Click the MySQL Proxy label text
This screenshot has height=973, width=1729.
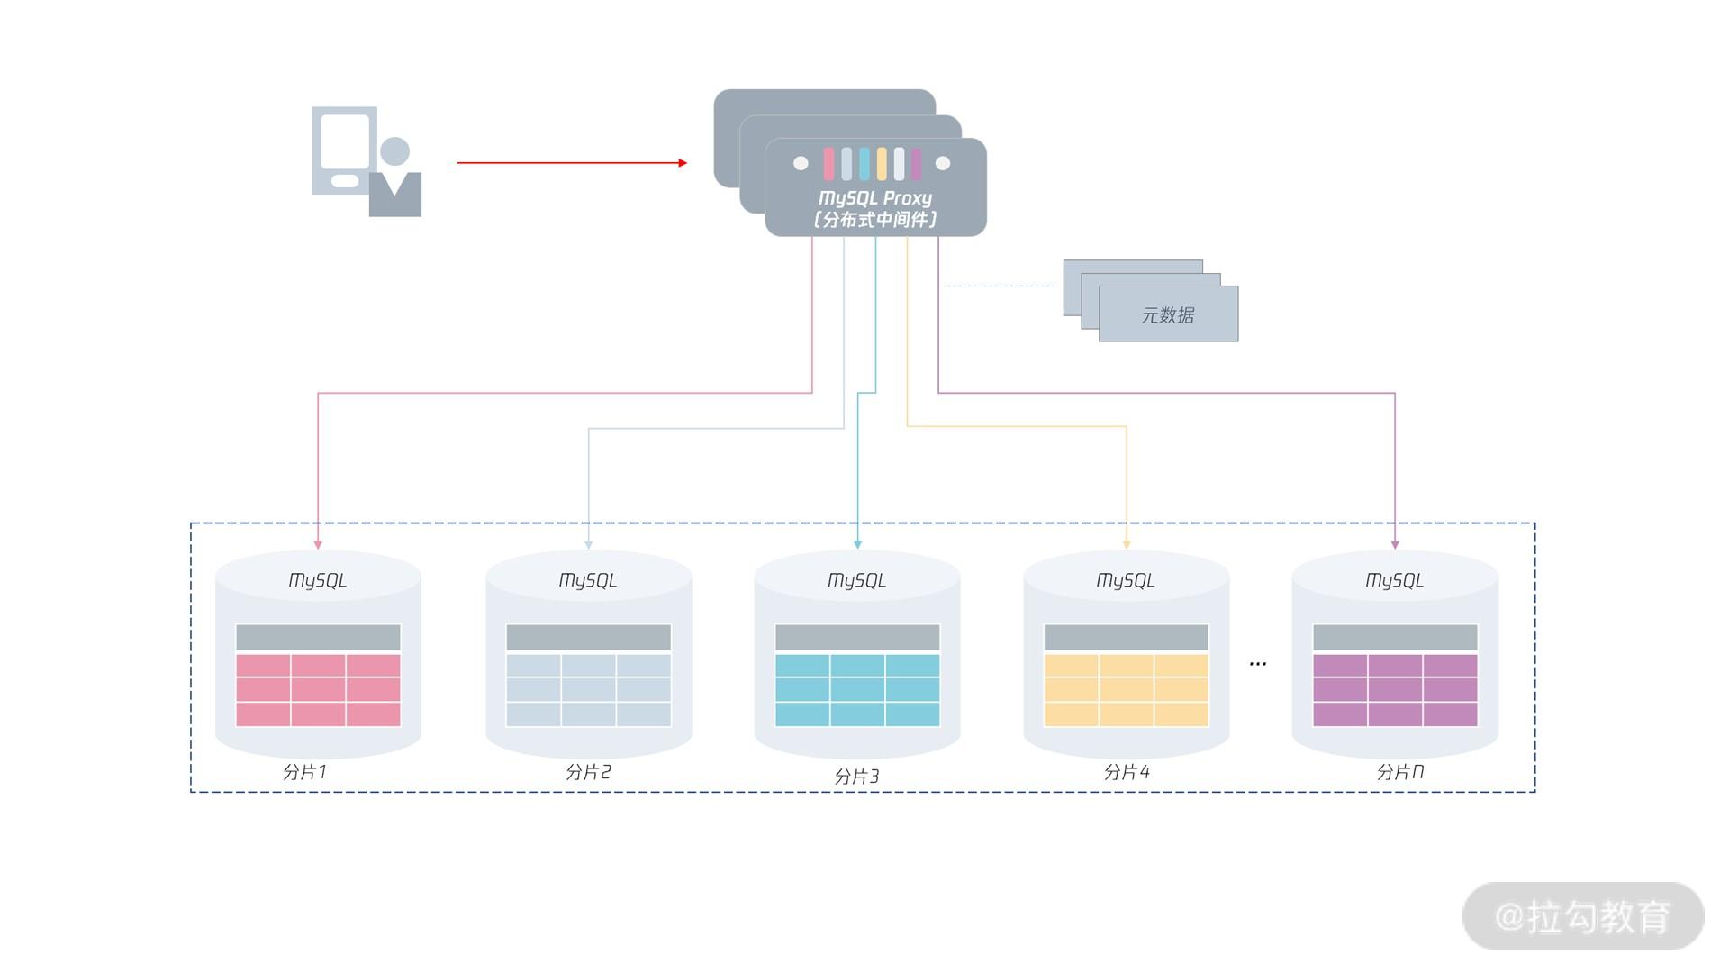(874, 198)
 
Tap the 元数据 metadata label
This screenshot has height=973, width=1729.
(1167, 315)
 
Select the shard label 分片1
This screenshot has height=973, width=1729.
(304, 772)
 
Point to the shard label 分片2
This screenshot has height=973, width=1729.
(588, 772)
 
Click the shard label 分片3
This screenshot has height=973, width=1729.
(856, 776)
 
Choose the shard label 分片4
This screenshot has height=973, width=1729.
(1127, 772)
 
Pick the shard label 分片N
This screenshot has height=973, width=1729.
(1399, 772)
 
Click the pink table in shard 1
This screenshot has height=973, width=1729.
(318, 689)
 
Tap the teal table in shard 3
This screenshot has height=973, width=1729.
(857, 689)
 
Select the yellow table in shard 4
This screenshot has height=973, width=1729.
(1126, 689)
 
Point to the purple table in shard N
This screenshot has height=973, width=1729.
(1395, 689)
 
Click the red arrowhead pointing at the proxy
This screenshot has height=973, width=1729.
(683, 163)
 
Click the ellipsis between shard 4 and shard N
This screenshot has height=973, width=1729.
(1258, 664)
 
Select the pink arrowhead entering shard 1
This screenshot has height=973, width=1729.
(318, 544)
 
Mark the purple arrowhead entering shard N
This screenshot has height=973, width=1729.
(1395, 544)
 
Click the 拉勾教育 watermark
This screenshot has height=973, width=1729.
(1582, 916)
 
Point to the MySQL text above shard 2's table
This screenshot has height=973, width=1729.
(588, 580)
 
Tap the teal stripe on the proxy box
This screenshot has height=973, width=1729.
(864, 164)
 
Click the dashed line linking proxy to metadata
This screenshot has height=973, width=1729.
(1000, 286)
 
